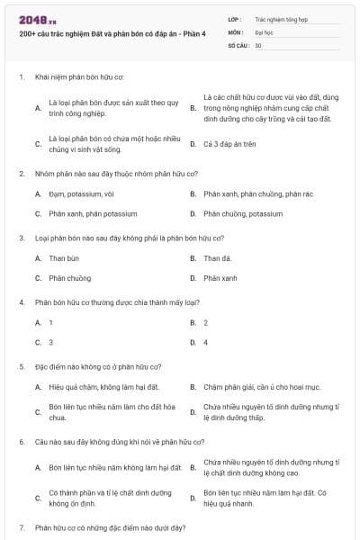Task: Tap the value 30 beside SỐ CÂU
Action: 258,44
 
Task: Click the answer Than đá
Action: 217,258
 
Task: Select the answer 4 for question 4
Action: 206,343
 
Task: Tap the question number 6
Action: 22,442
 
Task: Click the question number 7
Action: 22,526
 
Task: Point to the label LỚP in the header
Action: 235,18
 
